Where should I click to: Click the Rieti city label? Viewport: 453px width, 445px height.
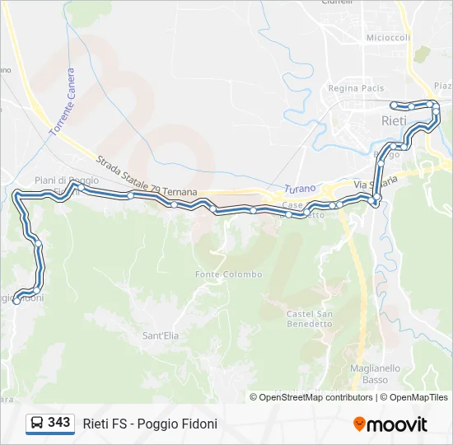[394, 120]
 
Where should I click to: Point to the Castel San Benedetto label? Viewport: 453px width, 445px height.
[309, 318]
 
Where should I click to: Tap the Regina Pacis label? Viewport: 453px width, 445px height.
[355, 88]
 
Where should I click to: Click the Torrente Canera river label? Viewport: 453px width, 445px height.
[61, 102]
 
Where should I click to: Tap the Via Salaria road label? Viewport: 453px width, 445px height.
[376, 182]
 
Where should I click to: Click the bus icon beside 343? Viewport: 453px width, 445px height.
[37, 423]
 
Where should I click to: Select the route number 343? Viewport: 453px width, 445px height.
[58, 423]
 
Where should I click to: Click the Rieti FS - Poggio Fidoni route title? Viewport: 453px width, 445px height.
[150, 424]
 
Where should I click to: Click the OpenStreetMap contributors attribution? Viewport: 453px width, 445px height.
[311, 397]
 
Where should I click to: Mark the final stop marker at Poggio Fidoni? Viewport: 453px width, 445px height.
[16, 302]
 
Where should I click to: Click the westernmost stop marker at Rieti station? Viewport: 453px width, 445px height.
[396, 105]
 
